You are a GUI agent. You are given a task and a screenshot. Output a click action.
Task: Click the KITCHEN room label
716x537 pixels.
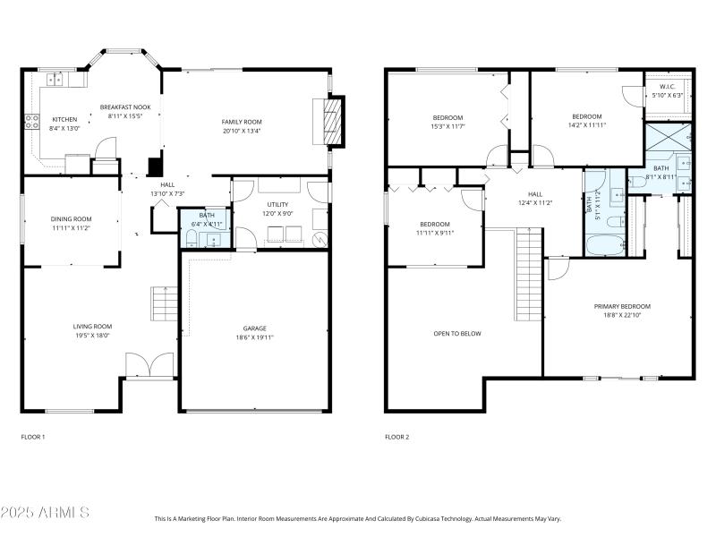64,119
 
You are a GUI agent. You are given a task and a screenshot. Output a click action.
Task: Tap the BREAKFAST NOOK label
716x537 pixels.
124,106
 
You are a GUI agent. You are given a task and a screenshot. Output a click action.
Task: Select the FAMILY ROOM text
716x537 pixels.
242,121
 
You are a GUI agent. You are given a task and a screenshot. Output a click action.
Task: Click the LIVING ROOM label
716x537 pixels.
92,326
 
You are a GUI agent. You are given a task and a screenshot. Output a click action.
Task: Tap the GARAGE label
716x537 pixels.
254,328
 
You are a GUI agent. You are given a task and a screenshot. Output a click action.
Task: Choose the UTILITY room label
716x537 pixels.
277,205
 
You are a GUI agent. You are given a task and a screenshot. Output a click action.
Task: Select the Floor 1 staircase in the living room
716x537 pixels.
163,305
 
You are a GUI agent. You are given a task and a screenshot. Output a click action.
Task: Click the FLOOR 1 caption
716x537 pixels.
33,437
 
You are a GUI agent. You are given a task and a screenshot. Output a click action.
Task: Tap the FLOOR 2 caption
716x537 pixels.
396,437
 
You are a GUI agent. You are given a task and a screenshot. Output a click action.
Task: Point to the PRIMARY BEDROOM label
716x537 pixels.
622,306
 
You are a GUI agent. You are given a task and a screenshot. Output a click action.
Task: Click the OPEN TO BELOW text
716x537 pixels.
457,334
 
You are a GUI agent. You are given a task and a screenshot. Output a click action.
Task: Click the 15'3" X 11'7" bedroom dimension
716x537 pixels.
448,126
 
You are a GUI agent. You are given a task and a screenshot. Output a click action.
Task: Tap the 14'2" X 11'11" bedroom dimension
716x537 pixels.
587,124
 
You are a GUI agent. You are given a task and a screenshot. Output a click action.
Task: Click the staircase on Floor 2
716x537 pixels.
530,274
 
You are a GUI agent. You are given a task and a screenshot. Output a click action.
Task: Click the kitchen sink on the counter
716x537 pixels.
55,80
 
